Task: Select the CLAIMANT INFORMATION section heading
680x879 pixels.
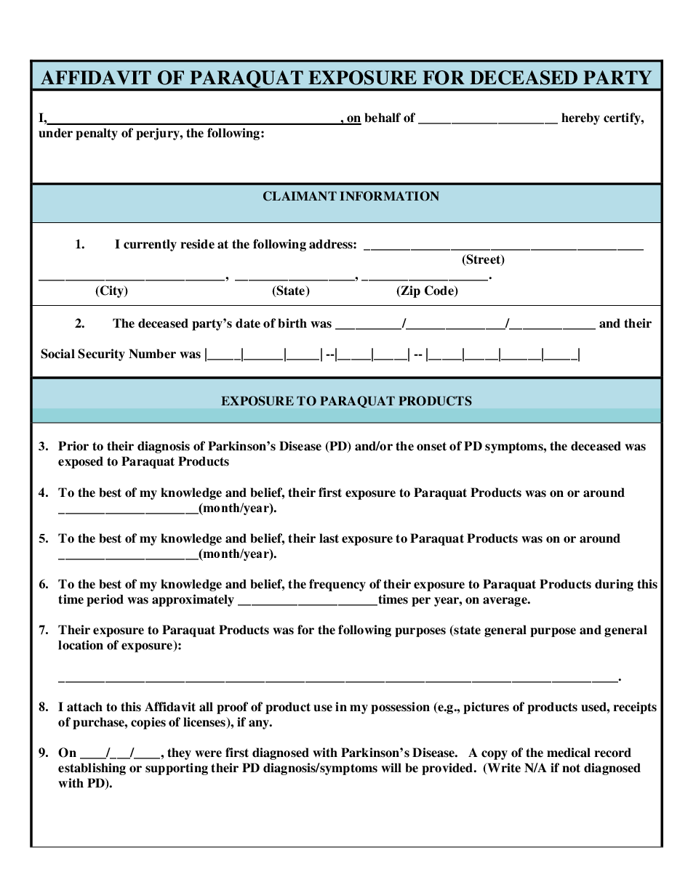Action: [x=351, y=196]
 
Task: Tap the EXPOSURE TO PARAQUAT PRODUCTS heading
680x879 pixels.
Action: [x=346, y=401]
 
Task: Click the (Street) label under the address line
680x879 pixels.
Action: [x=483, y=259]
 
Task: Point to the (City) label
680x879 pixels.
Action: [x=111, y=291]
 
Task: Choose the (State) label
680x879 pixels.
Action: [x=291, y=291]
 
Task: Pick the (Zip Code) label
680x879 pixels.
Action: [x=427, y=291]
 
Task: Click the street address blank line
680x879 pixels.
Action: [x=503, y=248]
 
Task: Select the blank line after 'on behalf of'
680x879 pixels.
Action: [x=488, y=121]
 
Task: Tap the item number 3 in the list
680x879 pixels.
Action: [x=44, y=446]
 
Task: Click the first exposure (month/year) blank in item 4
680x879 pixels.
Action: [x=128, y=511]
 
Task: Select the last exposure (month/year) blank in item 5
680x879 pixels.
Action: [x=128, y=557]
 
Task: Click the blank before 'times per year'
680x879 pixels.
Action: [x=307, y=603]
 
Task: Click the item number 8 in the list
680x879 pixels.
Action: [x=44, y=707]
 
